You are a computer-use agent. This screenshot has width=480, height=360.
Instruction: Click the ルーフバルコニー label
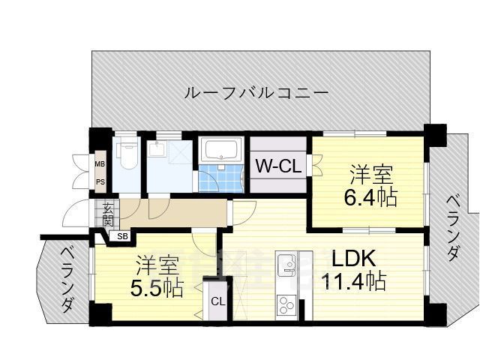click(x=256, y=93)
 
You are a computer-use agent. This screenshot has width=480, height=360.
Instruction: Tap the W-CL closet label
click(x=278, y=166)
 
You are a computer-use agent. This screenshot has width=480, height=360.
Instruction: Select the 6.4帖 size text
click(x=371, y=198)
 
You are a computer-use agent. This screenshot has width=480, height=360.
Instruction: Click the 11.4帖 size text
click(x=355, y=282)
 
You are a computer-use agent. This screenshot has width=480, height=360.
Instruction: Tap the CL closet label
click(x=217, y=301)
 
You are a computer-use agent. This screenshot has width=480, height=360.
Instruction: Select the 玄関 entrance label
click(x=108, y=214)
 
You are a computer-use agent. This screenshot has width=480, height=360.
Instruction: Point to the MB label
click(x=100, y=163)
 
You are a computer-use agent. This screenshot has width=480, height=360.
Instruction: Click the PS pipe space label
click(x=100, y=181)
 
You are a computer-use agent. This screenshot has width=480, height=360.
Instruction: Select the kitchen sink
click(x=286, y=264)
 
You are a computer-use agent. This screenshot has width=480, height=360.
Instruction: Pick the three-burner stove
click(x=286, y=304)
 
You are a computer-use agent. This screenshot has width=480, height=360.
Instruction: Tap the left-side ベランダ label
click(x=65, y=278)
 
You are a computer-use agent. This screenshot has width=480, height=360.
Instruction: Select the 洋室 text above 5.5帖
click(x=157, y=265)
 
